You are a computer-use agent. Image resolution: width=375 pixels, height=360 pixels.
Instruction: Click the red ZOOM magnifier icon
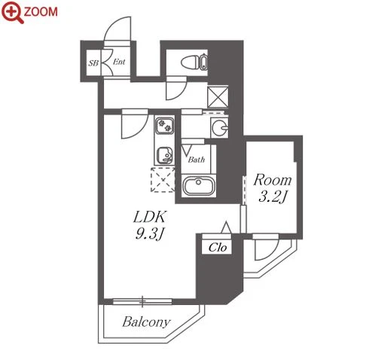(x=12, y=12)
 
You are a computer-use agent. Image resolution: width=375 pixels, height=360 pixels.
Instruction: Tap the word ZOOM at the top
(x=41, y=12)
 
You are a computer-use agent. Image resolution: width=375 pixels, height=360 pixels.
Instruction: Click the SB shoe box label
(x=93, y=63)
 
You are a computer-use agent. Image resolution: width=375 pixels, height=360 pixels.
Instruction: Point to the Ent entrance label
(x=119, y=62)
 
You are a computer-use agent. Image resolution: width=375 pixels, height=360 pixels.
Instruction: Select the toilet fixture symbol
(x=194, y=62)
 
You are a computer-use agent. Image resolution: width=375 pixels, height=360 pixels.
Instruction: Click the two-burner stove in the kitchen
(x=164, y=126)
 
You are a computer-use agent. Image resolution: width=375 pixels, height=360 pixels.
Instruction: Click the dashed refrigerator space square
(x=163, y=180)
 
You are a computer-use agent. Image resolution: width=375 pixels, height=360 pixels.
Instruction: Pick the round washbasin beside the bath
(x=219, y=127)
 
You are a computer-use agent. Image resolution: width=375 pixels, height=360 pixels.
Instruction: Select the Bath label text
(x=197, y=159)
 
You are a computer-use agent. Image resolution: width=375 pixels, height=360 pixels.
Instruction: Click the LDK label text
(x=150, y=217)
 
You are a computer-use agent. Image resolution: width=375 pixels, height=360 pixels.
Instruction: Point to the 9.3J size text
(x=150, y=234)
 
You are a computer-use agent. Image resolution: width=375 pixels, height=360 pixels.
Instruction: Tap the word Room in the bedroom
(x=273, y=180)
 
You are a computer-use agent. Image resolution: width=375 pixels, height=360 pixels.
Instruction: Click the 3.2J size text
(x=273, y=197)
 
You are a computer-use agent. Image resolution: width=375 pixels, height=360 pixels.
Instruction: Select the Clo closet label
(x=218, y=248)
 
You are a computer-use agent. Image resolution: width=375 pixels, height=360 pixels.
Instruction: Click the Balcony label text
(x=147, y=322)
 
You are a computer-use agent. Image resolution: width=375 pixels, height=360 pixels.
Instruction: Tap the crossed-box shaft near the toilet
(x=218, y=97)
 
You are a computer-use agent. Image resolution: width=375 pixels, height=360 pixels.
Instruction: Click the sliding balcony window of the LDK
(x=142, y=301)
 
